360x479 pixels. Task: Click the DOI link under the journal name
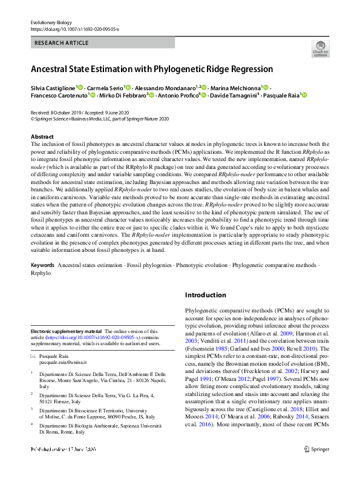(74, 29)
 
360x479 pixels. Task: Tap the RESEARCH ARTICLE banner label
(62, 43)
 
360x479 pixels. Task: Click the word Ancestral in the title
(52, 69)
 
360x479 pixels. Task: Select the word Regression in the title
(249, 69)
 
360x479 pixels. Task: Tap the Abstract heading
(42, 137)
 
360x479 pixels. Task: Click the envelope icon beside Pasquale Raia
(33, 357)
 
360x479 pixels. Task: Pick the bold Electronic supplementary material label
(66, 331)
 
